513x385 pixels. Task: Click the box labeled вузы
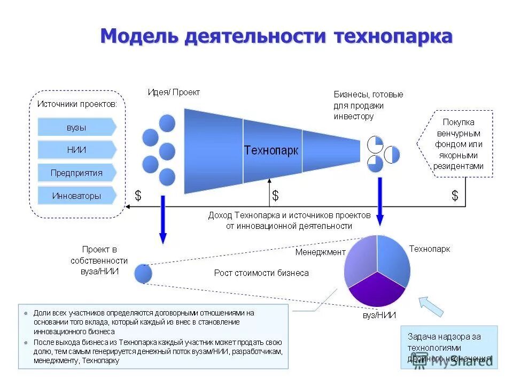(x=76, y=127)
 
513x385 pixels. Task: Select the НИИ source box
(x=76, y=150)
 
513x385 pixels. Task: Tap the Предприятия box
(x=76, y=173)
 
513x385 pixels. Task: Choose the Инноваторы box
(x=76, y=196)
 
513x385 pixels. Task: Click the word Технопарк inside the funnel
(x=271, y=150)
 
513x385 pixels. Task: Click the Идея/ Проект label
(x=174, y=92)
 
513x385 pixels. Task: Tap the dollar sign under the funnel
(x=275, y=196)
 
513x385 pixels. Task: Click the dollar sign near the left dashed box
(x=138, y=196)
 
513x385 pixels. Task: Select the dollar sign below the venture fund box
(x=455, y=196)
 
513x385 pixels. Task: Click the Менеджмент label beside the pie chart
(x=321, y=252)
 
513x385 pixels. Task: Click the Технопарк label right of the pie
(x=430, y=249)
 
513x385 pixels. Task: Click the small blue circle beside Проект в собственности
(x=143, y=274)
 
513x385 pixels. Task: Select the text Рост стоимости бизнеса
(x=261, y=273)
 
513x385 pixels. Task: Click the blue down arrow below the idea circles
(x=163, y=219)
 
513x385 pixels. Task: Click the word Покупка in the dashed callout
(x=458, y=122)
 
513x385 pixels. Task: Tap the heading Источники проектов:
(x=76, y=104)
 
